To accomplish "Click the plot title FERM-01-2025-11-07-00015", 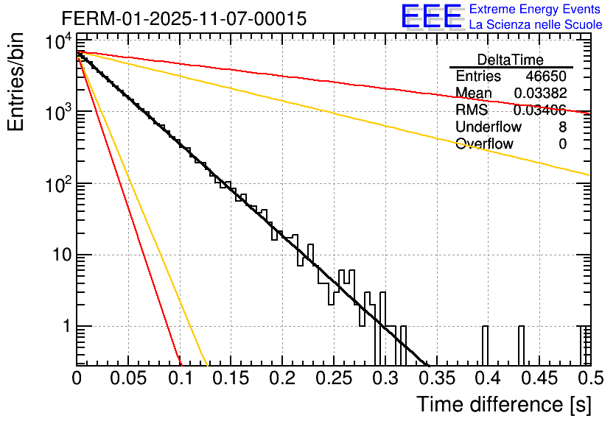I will click(x=183, y=18).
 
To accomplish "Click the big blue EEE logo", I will click(x=431, y=18).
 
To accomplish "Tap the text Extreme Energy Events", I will click(x=536, y=10).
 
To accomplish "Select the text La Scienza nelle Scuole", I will click(x=536, y=25).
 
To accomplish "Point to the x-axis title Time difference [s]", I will click(x=504, y=404).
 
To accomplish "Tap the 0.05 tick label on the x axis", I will click(x=128, y=379).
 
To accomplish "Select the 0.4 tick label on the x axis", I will click(x=486, y=379).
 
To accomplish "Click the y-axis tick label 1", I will click(x=63, y=326).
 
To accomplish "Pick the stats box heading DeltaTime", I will click(x=511, y=60).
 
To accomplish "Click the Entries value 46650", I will click(x=546, y=77).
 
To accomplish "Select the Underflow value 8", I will click(x=562, y=127).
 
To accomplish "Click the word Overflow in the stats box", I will click(x=484, y=144).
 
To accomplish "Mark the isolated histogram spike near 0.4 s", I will click(x=486, y=344).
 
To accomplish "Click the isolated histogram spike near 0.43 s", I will click(x=520, y=344).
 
